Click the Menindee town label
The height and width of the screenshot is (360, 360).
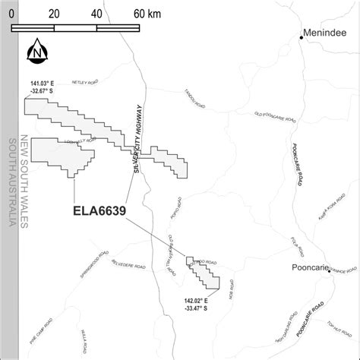[326, 33]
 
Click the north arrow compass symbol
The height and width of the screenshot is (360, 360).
[35, 52]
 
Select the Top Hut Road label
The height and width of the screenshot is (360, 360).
[339, 325]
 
